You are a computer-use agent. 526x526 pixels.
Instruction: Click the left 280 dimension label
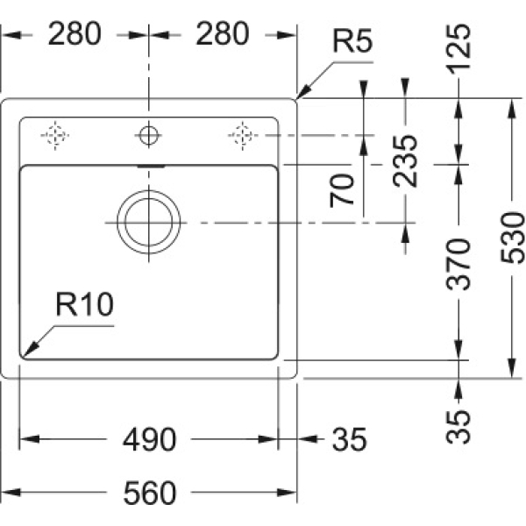click(x=75, y=34)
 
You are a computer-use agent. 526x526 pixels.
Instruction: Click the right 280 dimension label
click(x=223, y=34)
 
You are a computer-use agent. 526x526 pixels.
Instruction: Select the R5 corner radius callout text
click(x=352, y=41)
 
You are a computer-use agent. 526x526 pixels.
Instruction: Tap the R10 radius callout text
click(x=85, y=304)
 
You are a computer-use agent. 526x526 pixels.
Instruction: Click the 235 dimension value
click(x=405, y=160)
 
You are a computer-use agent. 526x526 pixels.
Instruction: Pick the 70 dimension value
click(x=342, y=190)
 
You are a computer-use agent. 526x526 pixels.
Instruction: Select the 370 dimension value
click(x=458, y=265)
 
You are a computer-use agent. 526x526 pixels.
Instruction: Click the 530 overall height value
click(x=512, y=238)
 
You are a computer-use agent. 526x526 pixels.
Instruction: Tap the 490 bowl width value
click(x=149, y=439)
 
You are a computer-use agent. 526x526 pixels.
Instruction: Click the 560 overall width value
click(x=150, y=493)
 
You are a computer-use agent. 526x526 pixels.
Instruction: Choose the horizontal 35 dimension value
click(x=349, y=439)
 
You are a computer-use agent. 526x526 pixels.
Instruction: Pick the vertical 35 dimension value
click(x=458, y=427)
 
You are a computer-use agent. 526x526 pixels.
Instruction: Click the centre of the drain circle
click(x=149, y=222)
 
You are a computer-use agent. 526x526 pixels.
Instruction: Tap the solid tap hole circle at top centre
click(x=149, y=136)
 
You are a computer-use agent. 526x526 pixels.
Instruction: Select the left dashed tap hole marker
click(x=55, y=136)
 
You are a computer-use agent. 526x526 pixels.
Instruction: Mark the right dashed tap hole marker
click(x=242, y=136)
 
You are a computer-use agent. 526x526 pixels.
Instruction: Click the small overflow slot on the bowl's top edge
click(x=151, y=166)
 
